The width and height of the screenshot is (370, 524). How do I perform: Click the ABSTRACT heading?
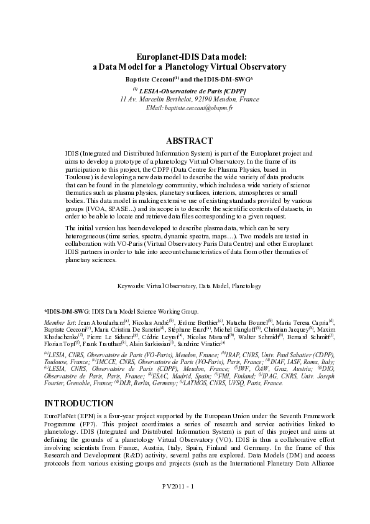[185, 141]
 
